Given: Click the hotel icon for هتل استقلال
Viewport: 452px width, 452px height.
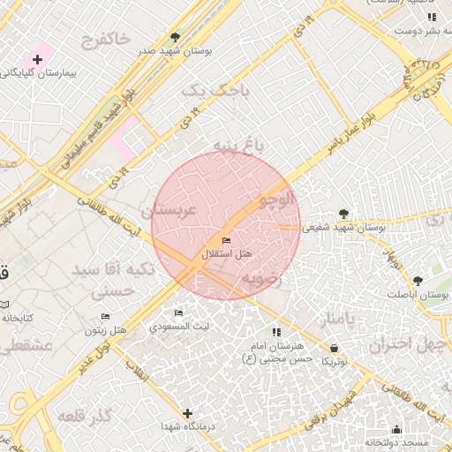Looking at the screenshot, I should click(x=226, y=240).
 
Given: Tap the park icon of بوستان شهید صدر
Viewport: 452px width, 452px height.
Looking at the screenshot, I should click(x=176, y=38).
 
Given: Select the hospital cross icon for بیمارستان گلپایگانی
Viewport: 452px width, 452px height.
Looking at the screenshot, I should click(x=37, y=58).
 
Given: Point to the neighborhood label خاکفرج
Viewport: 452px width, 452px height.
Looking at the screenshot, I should click(x=105, y=39).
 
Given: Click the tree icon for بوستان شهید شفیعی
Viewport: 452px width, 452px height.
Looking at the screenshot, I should click(x=343, y=214).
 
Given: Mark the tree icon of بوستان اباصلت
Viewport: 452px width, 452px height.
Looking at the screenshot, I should click(x=418, y=281).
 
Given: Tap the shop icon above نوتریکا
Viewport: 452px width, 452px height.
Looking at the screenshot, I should click(x=334, y=348).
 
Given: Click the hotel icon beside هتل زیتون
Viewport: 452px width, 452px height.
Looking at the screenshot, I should click(x=106, y=316).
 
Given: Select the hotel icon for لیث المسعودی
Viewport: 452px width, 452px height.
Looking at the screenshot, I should click(x=179, y=313).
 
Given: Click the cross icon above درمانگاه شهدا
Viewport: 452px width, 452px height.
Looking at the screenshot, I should click(x=187, y=413).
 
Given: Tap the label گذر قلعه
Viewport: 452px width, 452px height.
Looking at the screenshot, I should click(x=84, y=415).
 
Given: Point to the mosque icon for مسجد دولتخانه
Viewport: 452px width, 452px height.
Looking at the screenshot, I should click(x=396, y=430).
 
